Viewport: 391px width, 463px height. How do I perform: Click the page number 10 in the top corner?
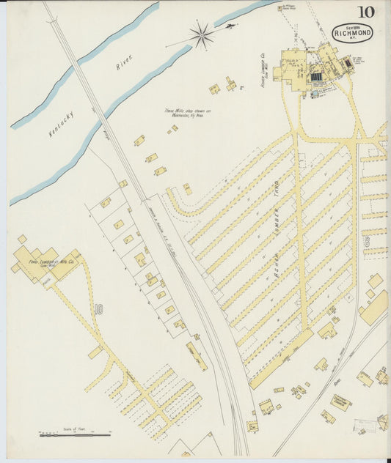(x=365, y=12)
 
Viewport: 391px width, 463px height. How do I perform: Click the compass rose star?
(x=200, y=34)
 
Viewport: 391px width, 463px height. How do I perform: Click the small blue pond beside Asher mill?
(x=316, y=76)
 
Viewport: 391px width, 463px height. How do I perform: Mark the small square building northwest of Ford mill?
(x=23, y=239)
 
